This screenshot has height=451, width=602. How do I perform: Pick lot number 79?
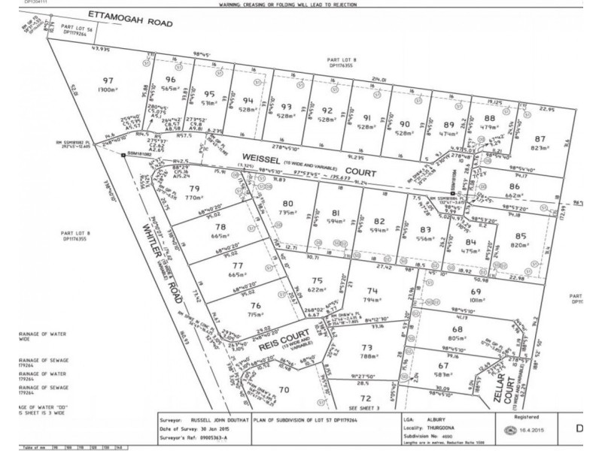tap(195, 188)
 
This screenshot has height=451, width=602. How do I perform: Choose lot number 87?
tap(539, 140)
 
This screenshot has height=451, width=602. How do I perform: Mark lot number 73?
tap(366, 347)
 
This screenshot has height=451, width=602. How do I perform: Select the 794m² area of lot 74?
tap(372, 299)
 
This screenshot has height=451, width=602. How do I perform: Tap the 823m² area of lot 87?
tap(539, 149)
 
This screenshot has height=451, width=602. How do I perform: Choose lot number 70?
tap(284, 389)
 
